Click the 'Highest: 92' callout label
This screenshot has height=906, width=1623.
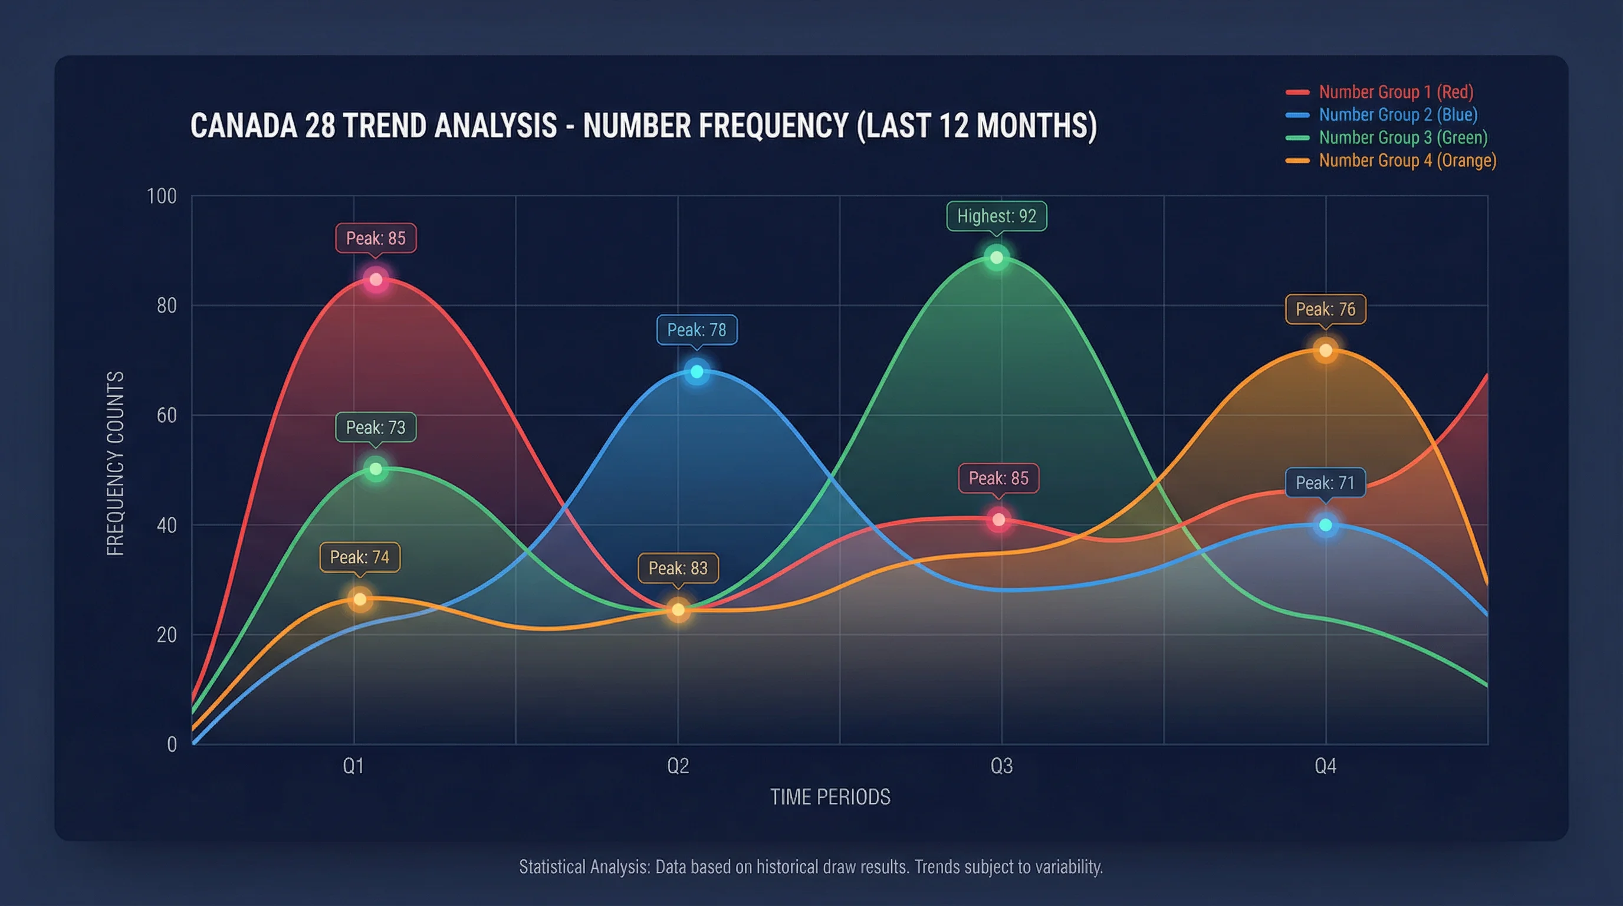996,216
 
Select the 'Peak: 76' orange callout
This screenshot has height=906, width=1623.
1325,309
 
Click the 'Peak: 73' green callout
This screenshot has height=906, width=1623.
376,427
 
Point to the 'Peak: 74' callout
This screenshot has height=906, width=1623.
359,557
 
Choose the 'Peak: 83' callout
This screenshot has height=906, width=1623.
678,567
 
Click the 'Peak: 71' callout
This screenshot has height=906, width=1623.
1325,482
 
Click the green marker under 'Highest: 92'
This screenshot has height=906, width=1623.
997,257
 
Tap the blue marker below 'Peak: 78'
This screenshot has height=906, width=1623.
697,372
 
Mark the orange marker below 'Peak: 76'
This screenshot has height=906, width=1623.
1326,350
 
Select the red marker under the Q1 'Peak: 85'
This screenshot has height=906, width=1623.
376,279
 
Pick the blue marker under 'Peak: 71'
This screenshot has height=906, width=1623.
1326,525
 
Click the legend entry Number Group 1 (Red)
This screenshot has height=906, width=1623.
1395,92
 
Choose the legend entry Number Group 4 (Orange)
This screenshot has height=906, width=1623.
1407,160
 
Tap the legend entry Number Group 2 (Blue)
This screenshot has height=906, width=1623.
1398,114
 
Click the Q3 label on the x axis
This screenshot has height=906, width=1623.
1001,766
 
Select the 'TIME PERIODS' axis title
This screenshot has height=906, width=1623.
830,797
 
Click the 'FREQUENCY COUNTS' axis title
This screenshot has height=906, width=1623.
116,463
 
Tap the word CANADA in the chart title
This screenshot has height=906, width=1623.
243,126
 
